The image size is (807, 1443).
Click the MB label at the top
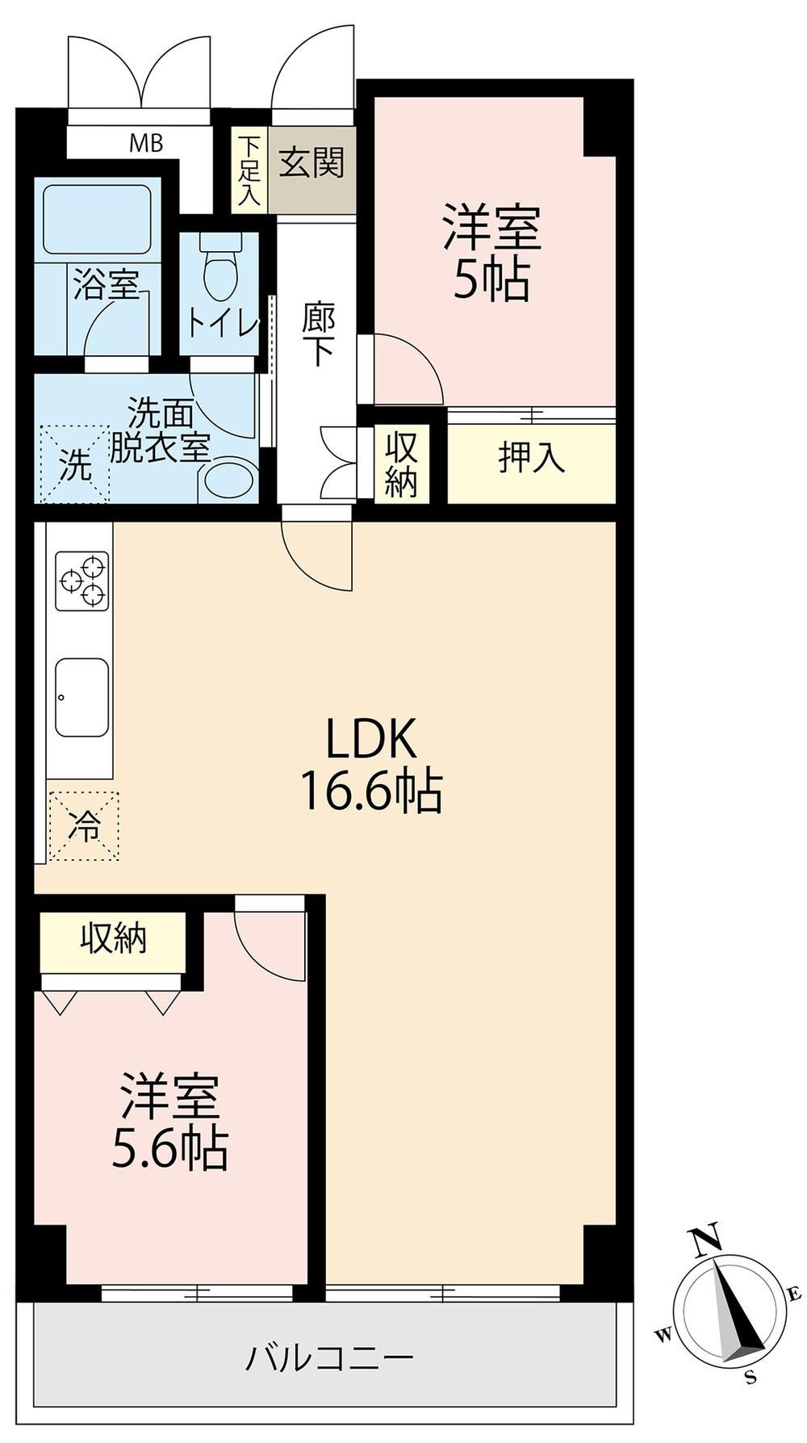[x=147, y=145]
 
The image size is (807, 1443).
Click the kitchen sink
[x=82, y=697]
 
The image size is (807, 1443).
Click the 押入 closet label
[x=530, y=458]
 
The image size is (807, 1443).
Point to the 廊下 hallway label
[x=317, y=334]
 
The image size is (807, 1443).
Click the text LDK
[x=370, y=738]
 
